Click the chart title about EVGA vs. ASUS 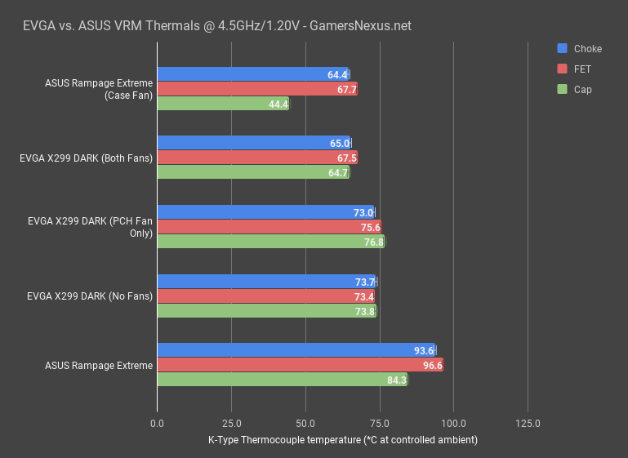click(x=216, y=25)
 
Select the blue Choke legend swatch click(x=562, y=48)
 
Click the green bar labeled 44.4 click(x=222, y=104)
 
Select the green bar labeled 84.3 click(x=282, y=379)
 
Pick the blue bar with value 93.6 click(x=296, y=350)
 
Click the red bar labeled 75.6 click(x=269, y=227)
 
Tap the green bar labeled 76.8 click(x=270, y=242)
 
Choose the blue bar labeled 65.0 click(x=253, y=143)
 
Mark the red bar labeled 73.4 click(x=266, y=296)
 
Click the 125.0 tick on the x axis click(x=528, y=424)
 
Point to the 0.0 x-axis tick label click(x=157, y=424)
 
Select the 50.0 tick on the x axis click(x=305, y=424)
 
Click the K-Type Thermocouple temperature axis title click(x=342, y=440)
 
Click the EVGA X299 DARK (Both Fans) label click(x=86, y=158)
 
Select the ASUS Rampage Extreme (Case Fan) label click(x=99, y=89)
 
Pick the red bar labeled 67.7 click(x=256, y=89)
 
